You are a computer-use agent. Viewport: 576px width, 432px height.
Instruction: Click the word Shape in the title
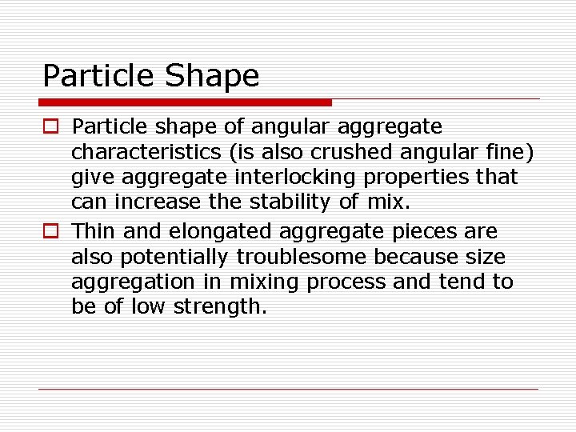[x=212, y=76]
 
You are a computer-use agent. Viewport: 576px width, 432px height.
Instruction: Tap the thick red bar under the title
[x=186, y=102]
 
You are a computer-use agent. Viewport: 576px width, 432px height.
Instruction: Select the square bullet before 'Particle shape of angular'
[x=50, y=127]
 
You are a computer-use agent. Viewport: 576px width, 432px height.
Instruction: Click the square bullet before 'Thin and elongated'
[x=50, y=232]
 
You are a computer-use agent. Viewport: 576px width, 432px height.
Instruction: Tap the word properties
[x=417, y=178]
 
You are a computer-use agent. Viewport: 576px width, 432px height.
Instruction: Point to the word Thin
[x=94, y=232]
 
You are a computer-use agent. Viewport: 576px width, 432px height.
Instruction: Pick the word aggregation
[x=132, y=282]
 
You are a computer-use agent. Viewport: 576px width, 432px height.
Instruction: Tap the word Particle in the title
[x=98, y=76]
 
